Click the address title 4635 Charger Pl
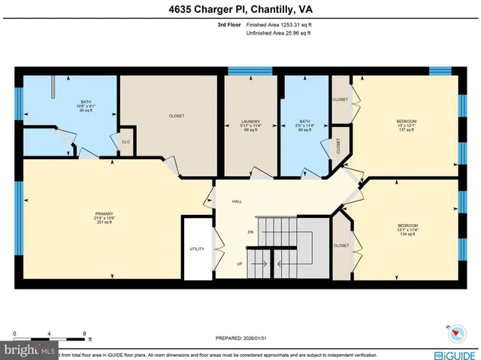pyautogui.click(x=240, y=10)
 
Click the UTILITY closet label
pyautogui.click(x=197, y=249)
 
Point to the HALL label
pyautogui.click(x=237, y=201)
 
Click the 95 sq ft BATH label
pyautogui.click(x=86, y=107)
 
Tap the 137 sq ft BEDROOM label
pyautogui.click(x=407, y=125)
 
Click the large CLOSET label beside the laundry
pyautogui.click(x=177, y=116)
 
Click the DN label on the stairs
pyautogui.click(x=250, y=232)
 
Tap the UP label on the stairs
pyautogui.click(x=240, y=264)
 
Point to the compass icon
pyautogui.click(x=455, y=332)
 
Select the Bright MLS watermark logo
pyautogui.click(x=30, y=351)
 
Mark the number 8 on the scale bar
pyautogui.click(x=85, y=333)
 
